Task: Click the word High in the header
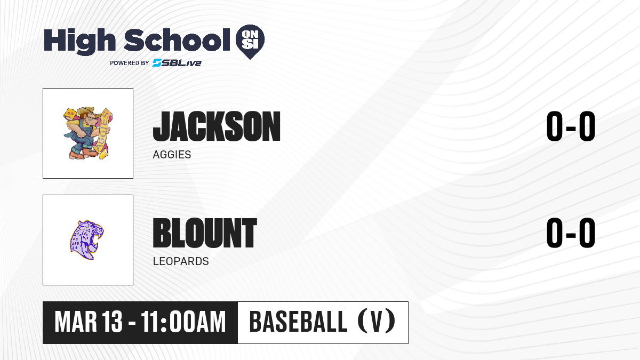79,42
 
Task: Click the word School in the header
177,39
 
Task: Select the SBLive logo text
177,62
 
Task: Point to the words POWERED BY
130,63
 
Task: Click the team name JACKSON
217,126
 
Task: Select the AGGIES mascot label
172,155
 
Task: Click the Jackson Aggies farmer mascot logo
88,133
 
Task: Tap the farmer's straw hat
89,111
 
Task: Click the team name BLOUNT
205,233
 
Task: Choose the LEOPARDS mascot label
181,261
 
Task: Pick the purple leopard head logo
87,240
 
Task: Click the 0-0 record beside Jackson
571,126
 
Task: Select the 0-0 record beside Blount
571,233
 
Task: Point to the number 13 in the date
113,322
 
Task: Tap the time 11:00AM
183,322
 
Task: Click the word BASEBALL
298,322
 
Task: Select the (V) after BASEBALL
377,322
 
